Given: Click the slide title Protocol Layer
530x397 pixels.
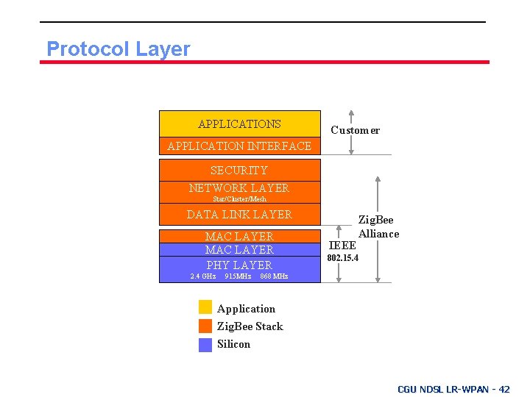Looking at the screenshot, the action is [x=118, y=49].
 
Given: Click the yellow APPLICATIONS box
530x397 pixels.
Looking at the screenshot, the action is [x=239, y=124].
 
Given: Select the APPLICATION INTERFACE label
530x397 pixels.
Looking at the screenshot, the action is [x=239, y=146].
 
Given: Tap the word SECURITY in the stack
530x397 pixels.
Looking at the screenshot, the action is [x=239, y=171].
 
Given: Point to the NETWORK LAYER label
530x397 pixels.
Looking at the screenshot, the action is [x=239, y=187].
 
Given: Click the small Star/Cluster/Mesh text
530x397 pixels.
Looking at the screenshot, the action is [x=239, y=198].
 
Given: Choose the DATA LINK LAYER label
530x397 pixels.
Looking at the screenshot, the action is [x=239, y=215].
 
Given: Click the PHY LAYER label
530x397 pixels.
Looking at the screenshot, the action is [x=239, y=265].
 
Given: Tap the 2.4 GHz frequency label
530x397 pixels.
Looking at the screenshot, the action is [x=202, y=276].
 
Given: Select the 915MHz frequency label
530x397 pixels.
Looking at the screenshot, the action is [x=237, y=276].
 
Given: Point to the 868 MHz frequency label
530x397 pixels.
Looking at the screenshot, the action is [x=274, y=276].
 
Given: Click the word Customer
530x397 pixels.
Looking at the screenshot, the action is [x=355, y=130].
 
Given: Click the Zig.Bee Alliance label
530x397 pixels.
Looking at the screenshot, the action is [x=377, y=226].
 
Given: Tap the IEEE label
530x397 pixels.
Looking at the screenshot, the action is [x=342, y=246].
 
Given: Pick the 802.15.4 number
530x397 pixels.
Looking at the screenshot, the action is [x=343, y=259].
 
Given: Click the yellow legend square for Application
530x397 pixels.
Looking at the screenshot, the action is [x=205, y=307].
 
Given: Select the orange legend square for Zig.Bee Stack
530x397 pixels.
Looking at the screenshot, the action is [x=205, y=326].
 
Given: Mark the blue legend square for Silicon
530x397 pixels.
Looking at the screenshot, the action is [x=205, y=344].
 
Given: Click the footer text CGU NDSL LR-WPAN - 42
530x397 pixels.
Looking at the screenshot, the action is [x=453, y=389].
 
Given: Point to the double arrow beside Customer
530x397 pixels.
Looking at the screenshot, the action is [x=351, y=132].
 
